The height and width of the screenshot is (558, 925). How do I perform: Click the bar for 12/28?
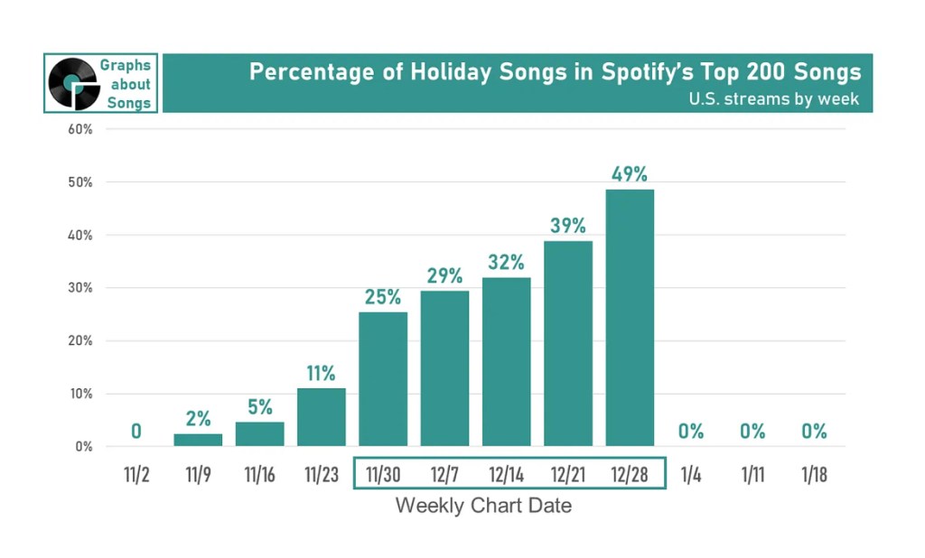tap(630, 317)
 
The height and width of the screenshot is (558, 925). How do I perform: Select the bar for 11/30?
tap(383, 378)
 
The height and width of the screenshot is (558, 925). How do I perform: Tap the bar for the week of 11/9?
tap(198, 440)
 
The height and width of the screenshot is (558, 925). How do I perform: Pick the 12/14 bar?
tap(506, 361)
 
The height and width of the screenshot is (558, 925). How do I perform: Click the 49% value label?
tap(630, 173)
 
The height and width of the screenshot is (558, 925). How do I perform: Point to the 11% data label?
tap(321, 373)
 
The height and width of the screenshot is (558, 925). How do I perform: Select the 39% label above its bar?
tap(568, 226)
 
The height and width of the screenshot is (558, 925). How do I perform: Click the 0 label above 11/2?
tap(135, 432)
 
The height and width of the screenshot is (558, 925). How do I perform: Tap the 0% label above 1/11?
tap(752, 432)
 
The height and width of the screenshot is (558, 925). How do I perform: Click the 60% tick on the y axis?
tap(80, 129)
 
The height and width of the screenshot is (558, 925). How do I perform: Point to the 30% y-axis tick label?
tap(80, 288)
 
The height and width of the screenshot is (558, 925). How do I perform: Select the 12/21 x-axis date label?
tap(568, 474)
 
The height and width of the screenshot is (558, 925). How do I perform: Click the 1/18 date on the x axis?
tap(814, 474)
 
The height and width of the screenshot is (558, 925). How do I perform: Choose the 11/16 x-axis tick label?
tap(259, 474)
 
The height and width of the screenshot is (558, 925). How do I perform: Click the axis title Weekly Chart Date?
tap(483, 506)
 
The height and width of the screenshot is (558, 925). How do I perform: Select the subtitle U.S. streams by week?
tap(773, 98)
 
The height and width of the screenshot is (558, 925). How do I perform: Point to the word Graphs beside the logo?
tap(126, 65)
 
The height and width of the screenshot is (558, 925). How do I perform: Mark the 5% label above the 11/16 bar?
tap(259, 407)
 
